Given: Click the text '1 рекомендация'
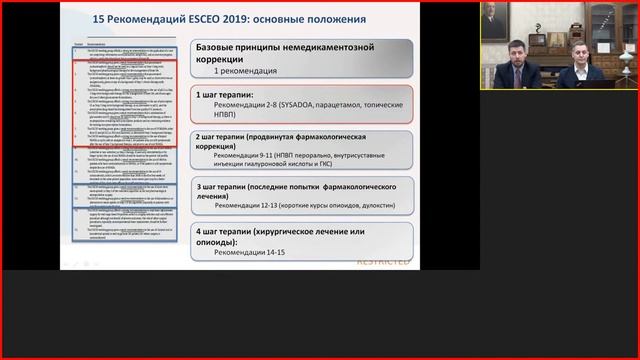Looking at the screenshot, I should (x=247, y=73).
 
